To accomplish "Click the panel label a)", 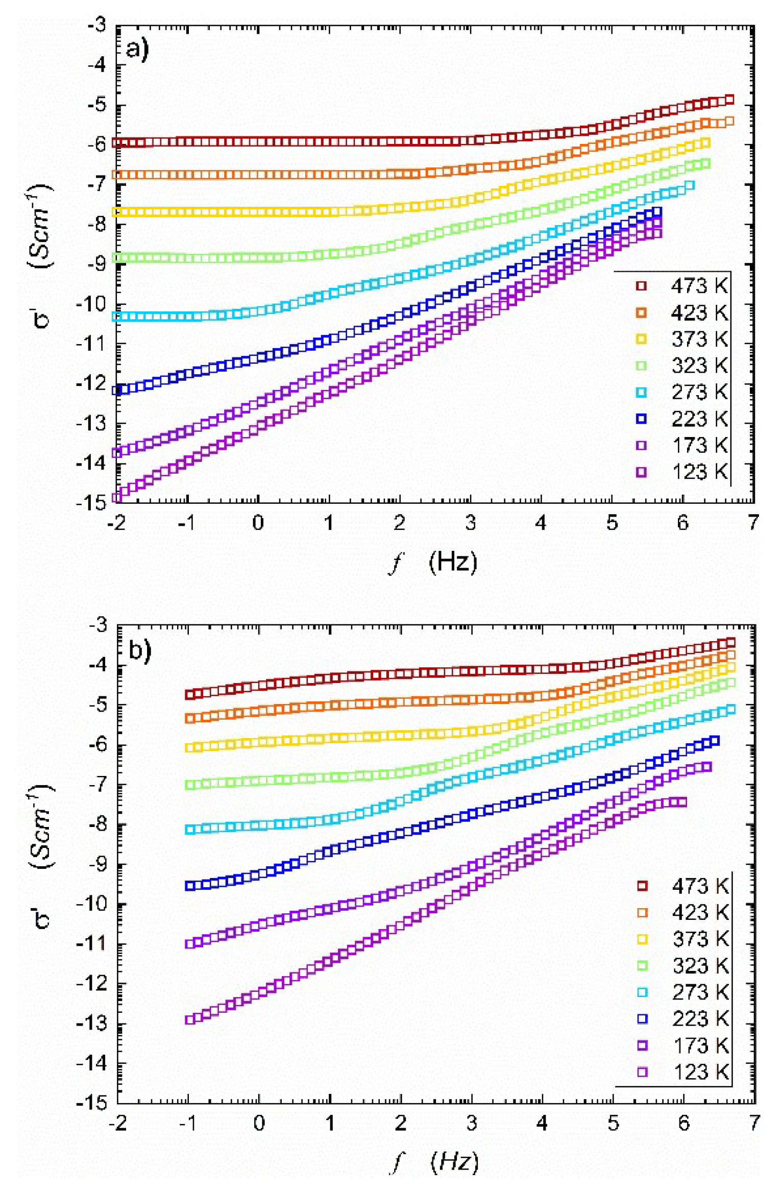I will coord(137,50).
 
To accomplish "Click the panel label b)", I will coord(139,650).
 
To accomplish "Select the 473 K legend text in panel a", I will coord(699,286).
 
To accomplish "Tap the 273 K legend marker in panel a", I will coord(641,393).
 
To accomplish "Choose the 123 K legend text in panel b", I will coord(700,1072).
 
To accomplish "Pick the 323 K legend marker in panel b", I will coord(642,965).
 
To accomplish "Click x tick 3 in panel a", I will coord(470,523).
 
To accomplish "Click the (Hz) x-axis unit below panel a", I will coord(453,562).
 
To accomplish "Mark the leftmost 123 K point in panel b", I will coord(190,1019).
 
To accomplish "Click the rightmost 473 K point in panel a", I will coord(729,100).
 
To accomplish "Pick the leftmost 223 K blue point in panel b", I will coord(190,886).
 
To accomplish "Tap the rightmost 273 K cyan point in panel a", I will coord(690,186).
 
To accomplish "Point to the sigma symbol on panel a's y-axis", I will coord(41,318).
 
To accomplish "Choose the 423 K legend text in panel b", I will coord(700,912).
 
